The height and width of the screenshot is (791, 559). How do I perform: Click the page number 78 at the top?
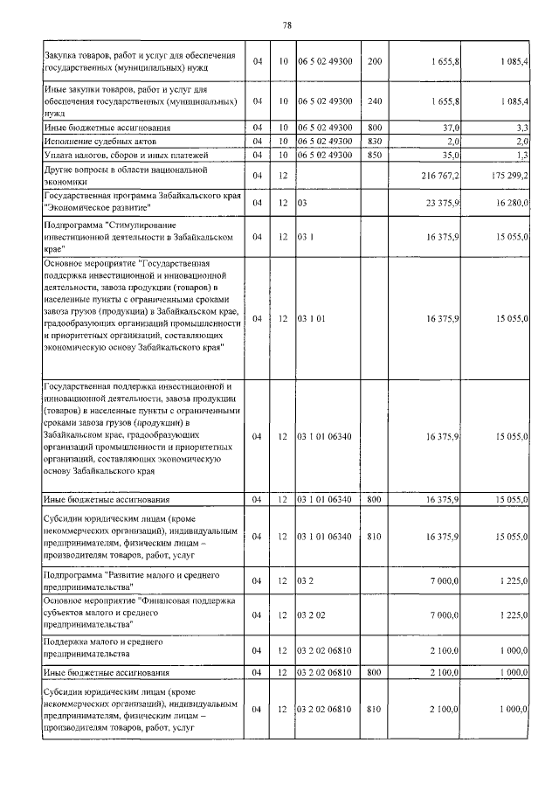click(286, 24)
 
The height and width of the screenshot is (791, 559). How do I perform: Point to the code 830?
click(375, 141)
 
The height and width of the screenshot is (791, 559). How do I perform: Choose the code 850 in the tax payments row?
click(375, 155)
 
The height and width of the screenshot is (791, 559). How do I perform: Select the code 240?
click(375, 101)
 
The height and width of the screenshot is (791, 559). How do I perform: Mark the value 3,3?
click(521, 128)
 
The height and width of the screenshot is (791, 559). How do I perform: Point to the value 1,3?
click(521, 155)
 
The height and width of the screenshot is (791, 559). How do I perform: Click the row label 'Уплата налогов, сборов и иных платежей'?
click(117, 155)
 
